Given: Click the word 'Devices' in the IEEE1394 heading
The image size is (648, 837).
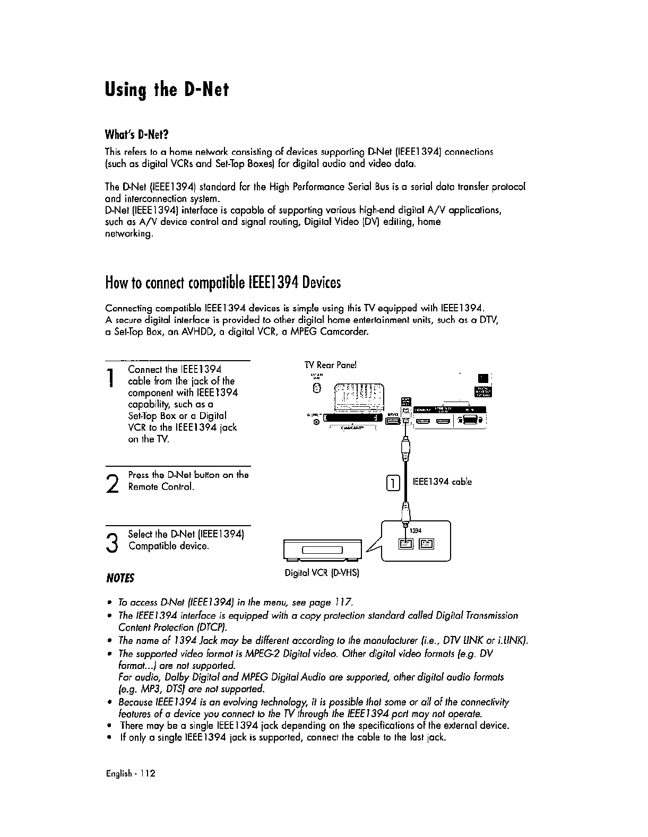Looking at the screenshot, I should click(x=321, y=282).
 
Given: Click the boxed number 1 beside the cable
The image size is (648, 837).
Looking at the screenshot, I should click(x=392, y=483).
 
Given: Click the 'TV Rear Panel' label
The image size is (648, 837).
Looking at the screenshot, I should click(x=330, y=365).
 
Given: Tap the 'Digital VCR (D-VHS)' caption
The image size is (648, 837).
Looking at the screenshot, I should click(x=322, y=573).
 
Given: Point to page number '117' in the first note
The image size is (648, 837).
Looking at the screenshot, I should click(x=343, y=603).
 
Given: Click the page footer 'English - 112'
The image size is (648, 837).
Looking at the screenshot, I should click(x=130, y=774).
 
